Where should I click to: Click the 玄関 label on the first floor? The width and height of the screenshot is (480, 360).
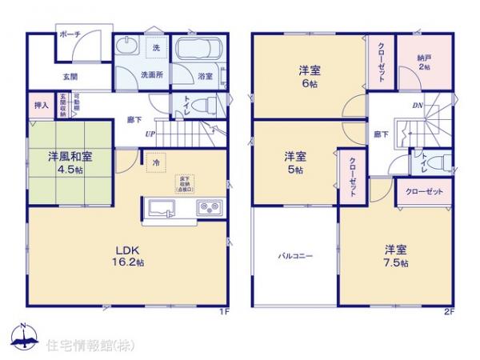(70, 77)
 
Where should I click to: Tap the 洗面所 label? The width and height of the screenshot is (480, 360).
(152, 75)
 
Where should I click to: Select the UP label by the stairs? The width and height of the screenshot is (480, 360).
(150, 134)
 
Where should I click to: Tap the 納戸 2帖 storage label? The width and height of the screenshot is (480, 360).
(424, 63)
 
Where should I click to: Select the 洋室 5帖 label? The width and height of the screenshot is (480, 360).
(296, 162)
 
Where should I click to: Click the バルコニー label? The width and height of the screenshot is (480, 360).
(295, 257)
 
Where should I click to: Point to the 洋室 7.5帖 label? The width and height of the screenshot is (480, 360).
(396, 254)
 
